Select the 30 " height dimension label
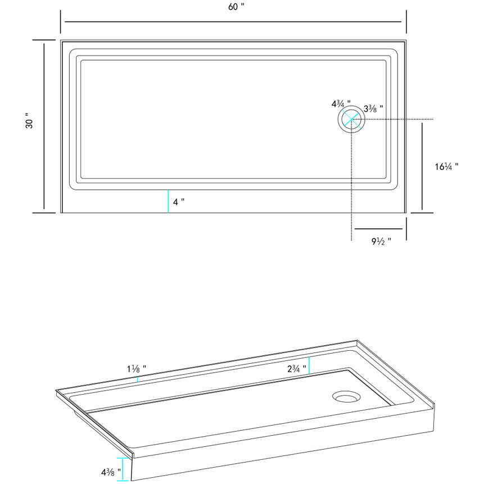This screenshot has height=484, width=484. click(x=29, y=124)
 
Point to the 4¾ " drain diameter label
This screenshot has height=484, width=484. click(x=341, y=104)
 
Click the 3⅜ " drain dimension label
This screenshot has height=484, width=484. click(x=374, y=108)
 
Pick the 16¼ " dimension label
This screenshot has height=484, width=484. click(x=446, y=166)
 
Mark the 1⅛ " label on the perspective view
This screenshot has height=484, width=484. click(x=137, y=369)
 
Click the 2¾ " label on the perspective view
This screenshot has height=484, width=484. click(x=296, y=369)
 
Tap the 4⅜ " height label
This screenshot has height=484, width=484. click(x=111, y=471)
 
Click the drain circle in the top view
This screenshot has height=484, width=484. click(x=351, y=119)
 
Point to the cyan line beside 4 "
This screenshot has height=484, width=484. click(x=168, y=202)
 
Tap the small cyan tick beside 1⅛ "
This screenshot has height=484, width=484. click(x=138, y=379)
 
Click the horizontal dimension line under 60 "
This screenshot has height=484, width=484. click(x=233, y=21)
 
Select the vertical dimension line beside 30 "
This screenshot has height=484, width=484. click(x=44, y=126)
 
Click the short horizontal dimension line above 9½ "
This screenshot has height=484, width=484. click(x=378, y=229)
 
